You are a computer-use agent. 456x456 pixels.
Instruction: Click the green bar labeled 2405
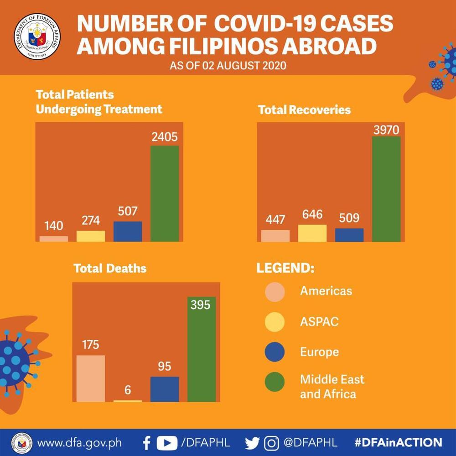tap(165, 193)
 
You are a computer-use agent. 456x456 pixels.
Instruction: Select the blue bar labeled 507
tap(128, 231)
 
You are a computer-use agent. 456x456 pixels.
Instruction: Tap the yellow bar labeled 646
tap(312, 233)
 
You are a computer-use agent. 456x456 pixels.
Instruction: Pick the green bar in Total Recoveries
tap(386, 189)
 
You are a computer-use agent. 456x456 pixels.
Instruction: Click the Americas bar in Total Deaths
tap(91, 378)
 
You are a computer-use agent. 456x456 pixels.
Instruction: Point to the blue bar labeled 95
tap(165, 389)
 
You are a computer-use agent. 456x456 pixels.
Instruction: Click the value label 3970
tap(386, 130)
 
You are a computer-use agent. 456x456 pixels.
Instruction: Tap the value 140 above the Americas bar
tap(54, 226)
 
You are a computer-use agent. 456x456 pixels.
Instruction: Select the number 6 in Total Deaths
tap(128, 390)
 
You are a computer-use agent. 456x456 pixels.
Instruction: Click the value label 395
tap(201, 305)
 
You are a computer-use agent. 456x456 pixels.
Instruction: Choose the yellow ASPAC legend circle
tap(275, 322)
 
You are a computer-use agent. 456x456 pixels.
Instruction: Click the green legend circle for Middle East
tap(275, 383)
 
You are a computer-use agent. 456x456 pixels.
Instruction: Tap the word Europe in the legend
tap(319, 352)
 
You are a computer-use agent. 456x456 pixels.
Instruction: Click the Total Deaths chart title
tap(110, 268)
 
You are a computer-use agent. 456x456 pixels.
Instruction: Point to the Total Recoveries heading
tap(304, 110)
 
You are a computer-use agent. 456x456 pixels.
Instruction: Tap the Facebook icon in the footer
tap(147, 442)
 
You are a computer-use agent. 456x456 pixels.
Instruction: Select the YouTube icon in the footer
tap(167, 442)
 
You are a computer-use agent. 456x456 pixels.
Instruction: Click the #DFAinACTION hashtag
tap(398, 442)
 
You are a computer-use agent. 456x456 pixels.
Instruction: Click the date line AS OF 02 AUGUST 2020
tap(228, 66)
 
